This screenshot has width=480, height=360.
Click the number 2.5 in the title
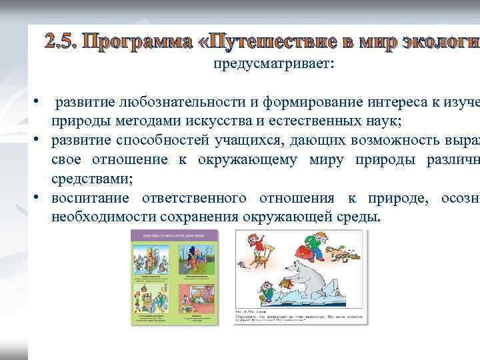coord(61,41)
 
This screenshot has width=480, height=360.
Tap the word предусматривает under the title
coord(274,64)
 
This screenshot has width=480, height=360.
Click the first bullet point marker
coord(41,103)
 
